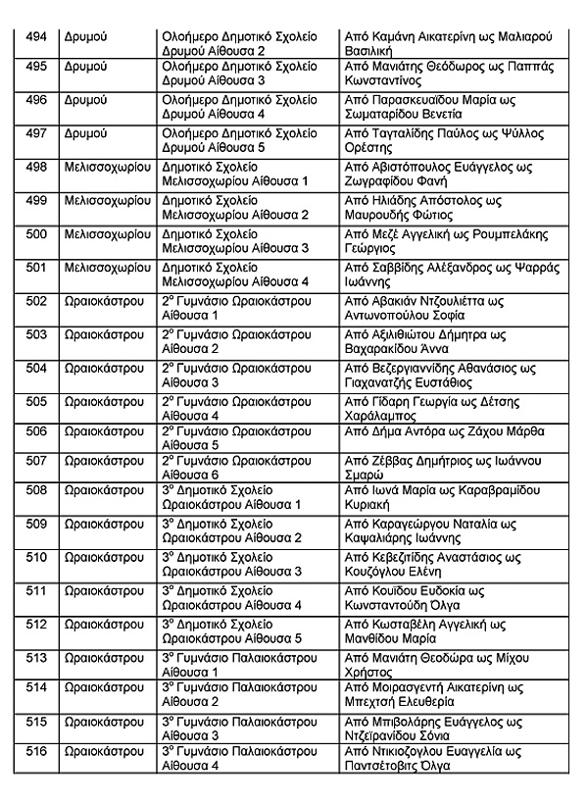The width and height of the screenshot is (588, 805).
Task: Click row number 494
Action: [x=36, y=36]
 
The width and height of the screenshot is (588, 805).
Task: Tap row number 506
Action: [x=36, y=430]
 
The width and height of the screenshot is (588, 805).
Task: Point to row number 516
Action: [x=36, y=751]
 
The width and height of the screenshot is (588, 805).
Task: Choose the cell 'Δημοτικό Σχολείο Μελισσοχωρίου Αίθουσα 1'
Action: [x=236, y=175]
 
